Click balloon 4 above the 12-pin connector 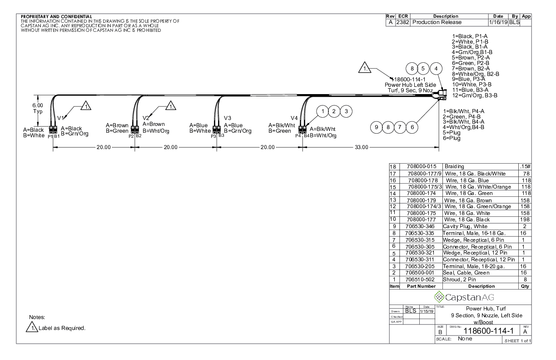(437, 69)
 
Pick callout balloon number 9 (377, 127)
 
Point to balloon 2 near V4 (335, 111)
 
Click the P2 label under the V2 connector (131, 136)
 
